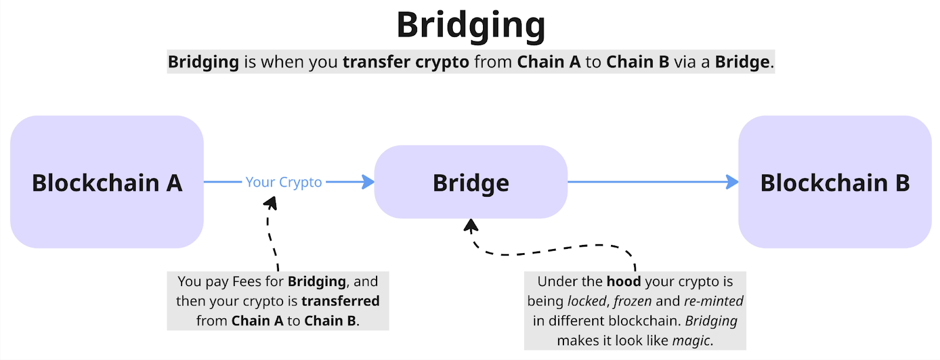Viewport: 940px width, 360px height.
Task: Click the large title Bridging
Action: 471,25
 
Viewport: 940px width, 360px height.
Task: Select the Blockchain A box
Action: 107,182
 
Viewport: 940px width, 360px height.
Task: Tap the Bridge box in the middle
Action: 471,183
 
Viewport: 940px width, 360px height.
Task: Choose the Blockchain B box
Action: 834,182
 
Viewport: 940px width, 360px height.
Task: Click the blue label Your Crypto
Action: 284,182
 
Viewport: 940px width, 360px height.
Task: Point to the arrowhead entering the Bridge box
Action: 369,182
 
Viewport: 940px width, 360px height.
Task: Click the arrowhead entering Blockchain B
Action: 733,182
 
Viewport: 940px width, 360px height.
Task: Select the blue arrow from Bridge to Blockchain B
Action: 646,182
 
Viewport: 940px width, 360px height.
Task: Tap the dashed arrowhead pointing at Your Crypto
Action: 271,203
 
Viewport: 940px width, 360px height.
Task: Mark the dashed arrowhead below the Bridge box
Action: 471,226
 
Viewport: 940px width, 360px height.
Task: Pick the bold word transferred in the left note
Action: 340,301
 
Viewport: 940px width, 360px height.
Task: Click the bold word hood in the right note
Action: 623,282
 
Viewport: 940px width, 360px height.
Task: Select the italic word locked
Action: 587,301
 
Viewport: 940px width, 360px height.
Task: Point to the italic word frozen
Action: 632,301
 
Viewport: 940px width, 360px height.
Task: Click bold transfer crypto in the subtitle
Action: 406,62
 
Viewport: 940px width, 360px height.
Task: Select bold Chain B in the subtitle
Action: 637,62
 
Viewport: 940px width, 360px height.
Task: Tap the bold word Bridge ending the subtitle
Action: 742,62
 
